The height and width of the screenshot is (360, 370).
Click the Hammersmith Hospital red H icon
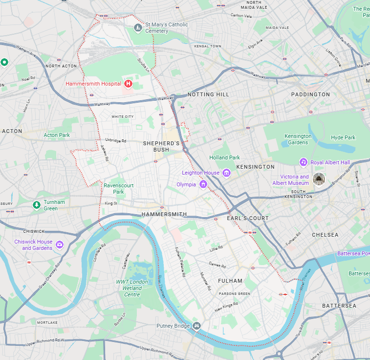click(128, 84)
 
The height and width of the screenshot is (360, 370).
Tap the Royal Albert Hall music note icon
click(303, 162)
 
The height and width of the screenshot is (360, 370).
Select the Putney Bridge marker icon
click(196, 326)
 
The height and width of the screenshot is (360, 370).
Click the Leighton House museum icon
click(226, 173)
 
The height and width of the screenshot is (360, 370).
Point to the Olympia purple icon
click(203, 184)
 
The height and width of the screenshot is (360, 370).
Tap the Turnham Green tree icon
click(36, 205)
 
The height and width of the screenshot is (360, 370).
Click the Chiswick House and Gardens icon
click(60, 245)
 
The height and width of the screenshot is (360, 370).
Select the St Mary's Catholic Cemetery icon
click(138, 28)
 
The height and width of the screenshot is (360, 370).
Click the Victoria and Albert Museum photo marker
click(319, 180)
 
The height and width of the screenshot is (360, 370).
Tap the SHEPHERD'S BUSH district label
click(161, 146)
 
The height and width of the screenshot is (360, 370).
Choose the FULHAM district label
click(230, 281)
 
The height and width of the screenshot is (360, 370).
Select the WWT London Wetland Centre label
click(132, 288)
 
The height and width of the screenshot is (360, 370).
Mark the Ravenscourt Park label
click(118, 188)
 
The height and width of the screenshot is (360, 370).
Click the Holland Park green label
click(224, 157)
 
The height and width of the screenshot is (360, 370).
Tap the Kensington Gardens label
click(298, 139)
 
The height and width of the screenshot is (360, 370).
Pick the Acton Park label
click(57, 135)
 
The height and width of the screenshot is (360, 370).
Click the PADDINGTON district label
click(310, 94)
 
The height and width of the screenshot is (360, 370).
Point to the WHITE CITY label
click(122, 116)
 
